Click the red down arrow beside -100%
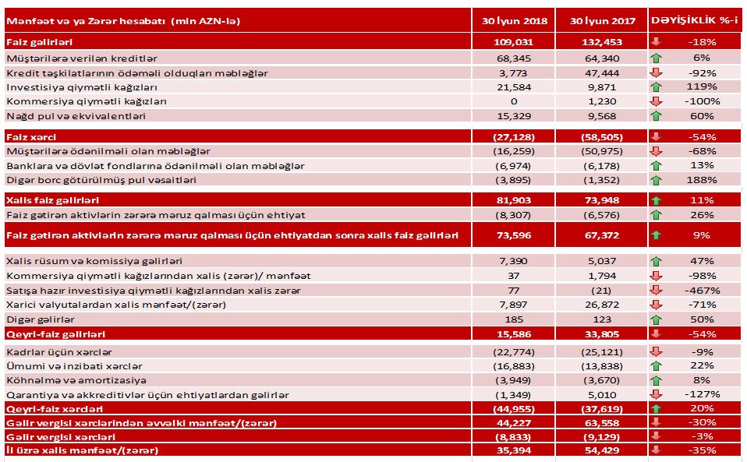tap(657, 101)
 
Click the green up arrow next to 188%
tap(657, 180)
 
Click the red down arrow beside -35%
tap(657, 451)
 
